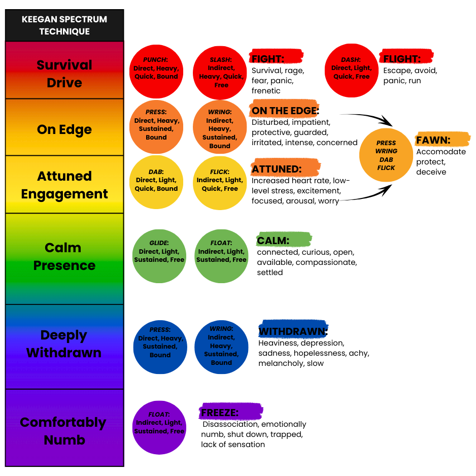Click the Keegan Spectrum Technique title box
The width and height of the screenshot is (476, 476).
click(64, 25)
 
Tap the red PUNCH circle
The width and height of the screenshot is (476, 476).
click(156, 71)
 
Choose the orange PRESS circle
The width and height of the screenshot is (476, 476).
click(156, 127)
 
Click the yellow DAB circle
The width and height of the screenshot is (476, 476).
click(156, 183)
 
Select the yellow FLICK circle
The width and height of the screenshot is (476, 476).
click(220, 183)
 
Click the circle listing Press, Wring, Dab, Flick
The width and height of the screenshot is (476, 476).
click(386, 155)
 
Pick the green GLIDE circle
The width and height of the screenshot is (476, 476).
click(160, 255)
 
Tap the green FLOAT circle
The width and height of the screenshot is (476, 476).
click(221, 255)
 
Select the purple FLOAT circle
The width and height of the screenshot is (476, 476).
click(159, 426)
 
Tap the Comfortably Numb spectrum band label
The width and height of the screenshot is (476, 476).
click(64, 430)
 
